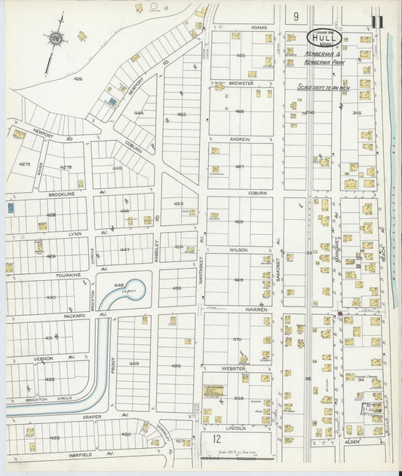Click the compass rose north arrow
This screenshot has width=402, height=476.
point(54,38)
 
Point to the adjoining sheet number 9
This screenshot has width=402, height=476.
point(296,16)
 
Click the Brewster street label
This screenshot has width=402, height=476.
point(239,84)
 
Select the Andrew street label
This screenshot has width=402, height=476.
point(240,139)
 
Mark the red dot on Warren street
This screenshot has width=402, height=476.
point(340,313)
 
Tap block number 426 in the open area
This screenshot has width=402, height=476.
point(77,78)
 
